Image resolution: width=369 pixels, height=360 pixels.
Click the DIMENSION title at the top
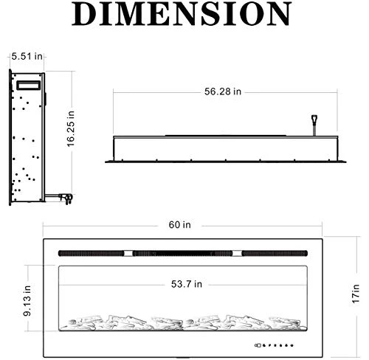(182, 13)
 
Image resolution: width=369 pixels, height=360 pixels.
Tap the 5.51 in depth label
(27, 56)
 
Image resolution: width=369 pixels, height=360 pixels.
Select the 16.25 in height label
(71, 129)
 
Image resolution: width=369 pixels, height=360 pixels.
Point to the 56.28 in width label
(223, 91)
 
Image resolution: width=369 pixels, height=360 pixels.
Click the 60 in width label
(179, 224)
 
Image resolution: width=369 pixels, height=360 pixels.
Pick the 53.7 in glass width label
(187, 284)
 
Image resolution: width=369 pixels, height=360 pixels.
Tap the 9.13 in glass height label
(27, 300)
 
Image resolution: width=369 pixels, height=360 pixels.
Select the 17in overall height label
(356, 294)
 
